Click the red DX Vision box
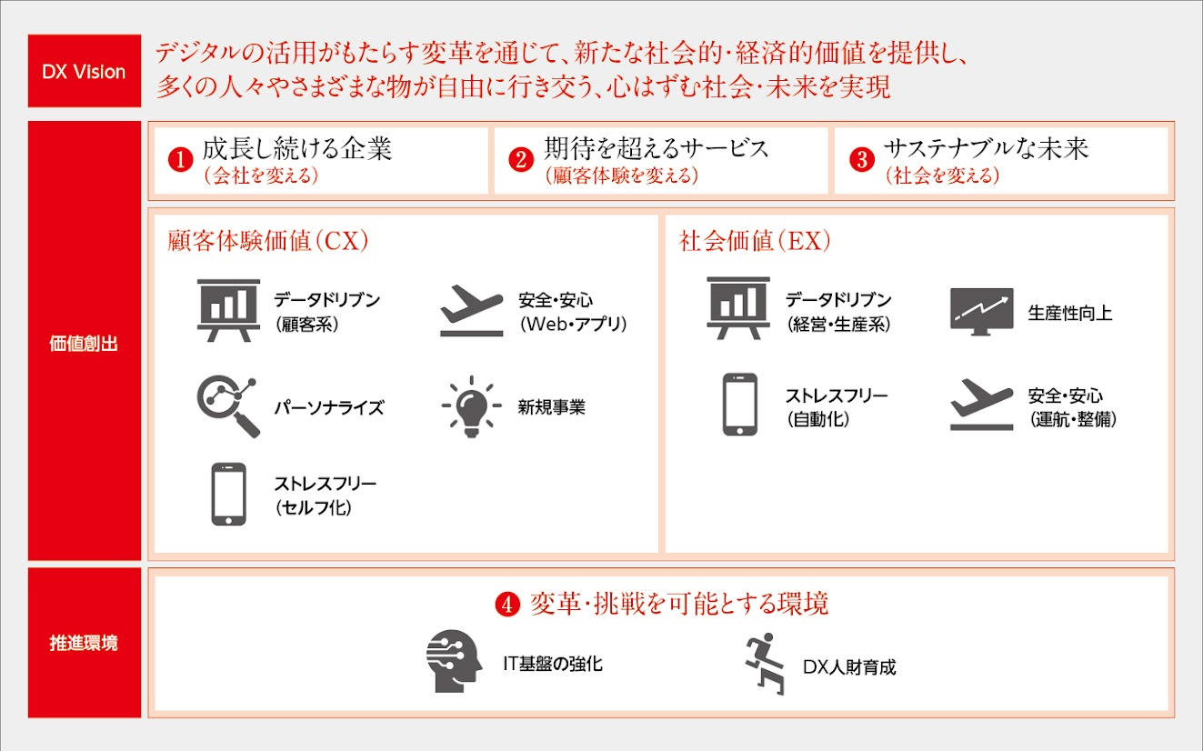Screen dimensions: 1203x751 click(85, 71)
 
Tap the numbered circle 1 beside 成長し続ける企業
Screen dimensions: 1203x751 click(180, 159)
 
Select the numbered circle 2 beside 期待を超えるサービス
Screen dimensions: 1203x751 click(521, 159)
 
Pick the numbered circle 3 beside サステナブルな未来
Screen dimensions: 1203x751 click(862, 159)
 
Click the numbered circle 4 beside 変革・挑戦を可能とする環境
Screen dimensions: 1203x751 click(507, 605)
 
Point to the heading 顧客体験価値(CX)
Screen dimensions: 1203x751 click(268, 241)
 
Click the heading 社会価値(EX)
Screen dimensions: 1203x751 click(755, 241)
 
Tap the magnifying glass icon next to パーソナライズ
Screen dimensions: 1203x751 click(227, 406)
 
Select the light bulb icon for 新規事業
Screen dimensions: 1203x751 click(471, 407)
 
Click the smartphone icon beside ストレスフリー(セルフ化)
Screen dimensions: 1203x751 click(229, 494)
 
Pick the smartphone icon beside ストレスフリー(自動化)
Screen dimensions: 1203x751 click(740, 405)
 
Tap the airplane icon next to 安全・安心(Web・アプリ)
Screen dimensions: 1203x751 click(472, 311)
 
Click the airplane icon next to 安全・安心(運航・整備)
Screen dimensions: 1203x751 click(982, 405)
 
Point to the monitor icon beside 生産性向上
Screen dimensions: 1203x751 click(982, 312)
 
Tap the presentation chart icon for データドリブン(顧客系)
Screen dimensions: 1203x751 click(229, 310)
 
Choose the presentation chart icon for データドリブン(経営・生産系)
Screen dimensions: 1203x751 click(738, 308)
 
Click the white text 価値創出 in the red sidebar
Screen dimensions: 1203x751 click(84, 344)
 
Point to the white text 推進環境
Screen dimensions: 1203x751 click(84, 643)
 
